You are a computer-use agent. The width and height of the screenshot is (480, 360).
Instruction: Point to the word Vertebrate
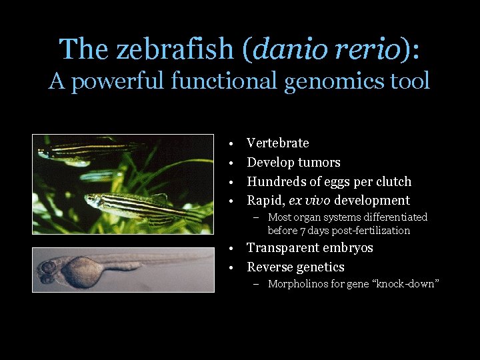click(x=277, y=143)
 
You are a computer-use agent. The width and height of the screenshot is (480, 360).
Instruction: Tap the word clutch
click(x=392, y=181)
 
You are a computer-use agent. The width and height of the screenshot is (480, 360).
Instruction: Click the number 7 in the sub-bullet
click(x=301, y=231)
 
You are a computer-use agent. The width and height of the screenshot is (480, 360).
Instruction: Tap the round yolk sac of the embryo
click(x=83, y=271)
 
